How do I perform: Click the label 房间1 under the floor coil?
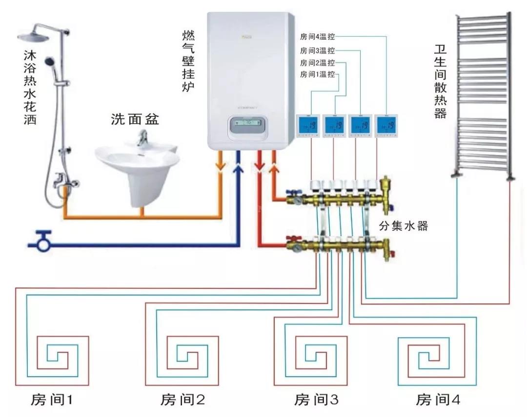click(x=50, y=400)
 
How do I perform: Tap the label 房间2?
click(x=182, y=400)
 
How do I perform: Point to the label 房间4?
click(x=438, y=400)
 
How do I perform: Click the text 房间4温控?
click(x=317, y=36)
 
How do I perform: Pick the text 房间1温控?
click(x=317, y=75)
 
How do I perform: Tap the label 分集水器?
click(x=403, y=226)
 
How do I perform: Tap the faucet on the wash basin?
click(x=142, y=140)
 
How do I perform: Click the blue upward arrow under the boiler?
click(x=238, y=168)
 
